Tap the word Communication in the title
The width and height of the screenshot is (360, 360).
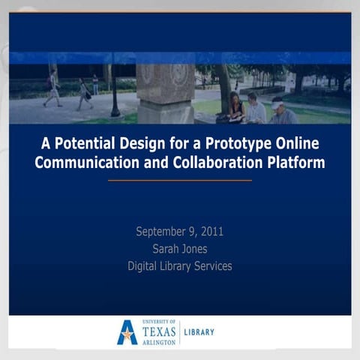82,163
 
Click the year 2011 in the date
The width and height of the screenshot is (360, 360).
210,231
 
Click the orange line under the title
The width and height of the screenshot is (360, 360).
180,180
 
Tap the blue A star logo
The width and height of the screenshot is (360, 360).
127,331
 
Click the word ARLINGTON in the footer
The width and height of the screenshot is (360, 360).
158,341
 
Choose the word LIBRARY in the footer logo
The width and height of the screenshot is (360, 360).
199,331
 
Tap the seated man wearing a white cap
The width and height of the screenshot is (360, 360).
282,112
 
